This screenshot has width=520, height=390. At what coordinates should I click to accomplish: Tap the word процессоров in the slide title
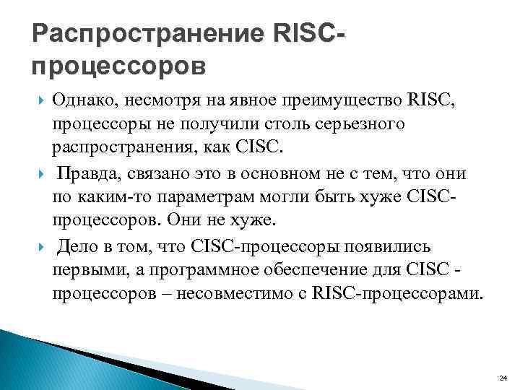[x=119, y=66]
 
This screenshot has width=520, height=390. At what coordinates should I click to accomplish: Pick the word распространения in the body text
[x=130, y=148]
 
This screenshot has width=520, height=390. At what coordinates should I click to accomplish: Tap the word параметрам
[x=202, y=197]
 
